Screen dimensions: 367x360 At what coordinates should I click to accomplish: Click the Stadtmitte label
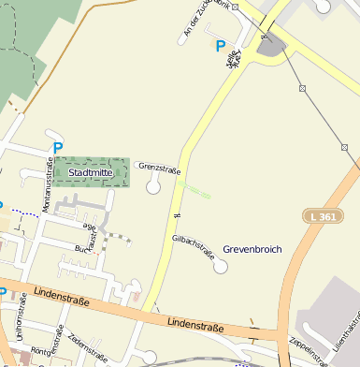pyautogui.click(x=91, y=172)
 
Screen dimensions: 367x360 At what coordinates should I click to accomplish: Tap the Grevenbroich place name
pyautogui.click(x=252, y=249)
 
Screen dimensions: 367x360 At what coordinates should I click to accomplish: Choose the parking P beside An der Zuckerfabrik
pyautogui.click(x=221, y=46)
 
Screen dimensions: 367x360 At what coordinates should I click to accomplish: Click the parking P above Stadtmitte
pyautogui.click(x=58, y=147)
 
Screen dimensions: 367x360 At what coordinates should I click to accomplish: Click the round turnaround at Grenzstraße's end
pyautogui.click(x=153, y=187)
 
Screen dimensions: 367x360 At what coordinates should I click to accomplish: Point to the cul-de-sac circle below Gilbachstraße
pyautogui.click(x=221, y=268)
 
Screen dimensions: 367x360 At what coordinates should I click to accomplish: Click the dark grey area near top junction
pyautogui.click(x=271, y=45)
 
